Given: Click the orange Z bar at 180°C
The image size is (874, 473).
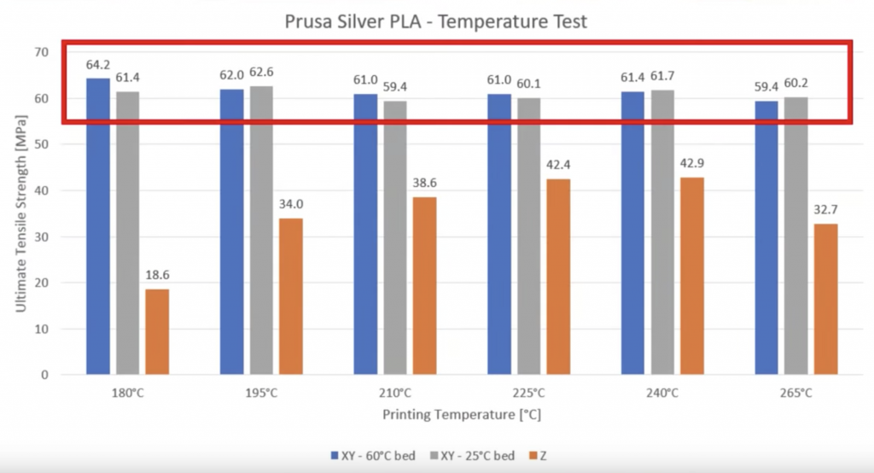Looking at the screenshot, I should tap(157, 331).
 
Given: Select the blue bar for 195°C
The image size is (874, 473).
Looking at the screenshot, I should tap(231, 231).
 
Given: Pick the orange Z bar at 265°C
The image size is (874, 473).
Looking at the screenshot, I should tap(825, 299).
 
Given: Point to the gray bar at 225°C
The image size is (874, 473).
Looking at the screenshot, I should tap(529, 236).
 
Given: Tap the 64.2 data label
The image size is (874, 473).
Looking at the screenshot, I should tap(98, 66).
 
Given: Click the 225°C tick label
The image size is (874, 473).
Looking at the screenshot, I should tap(528, 394).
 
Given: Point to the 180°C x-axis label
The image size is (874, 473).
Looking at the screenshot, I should tap(127, 394).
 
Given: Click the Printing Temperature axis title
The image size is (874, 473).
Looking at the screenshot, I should tap(462, 415).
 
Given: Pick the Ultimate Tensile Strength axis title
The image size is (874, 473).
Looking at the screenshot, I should tap(20, 213).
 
